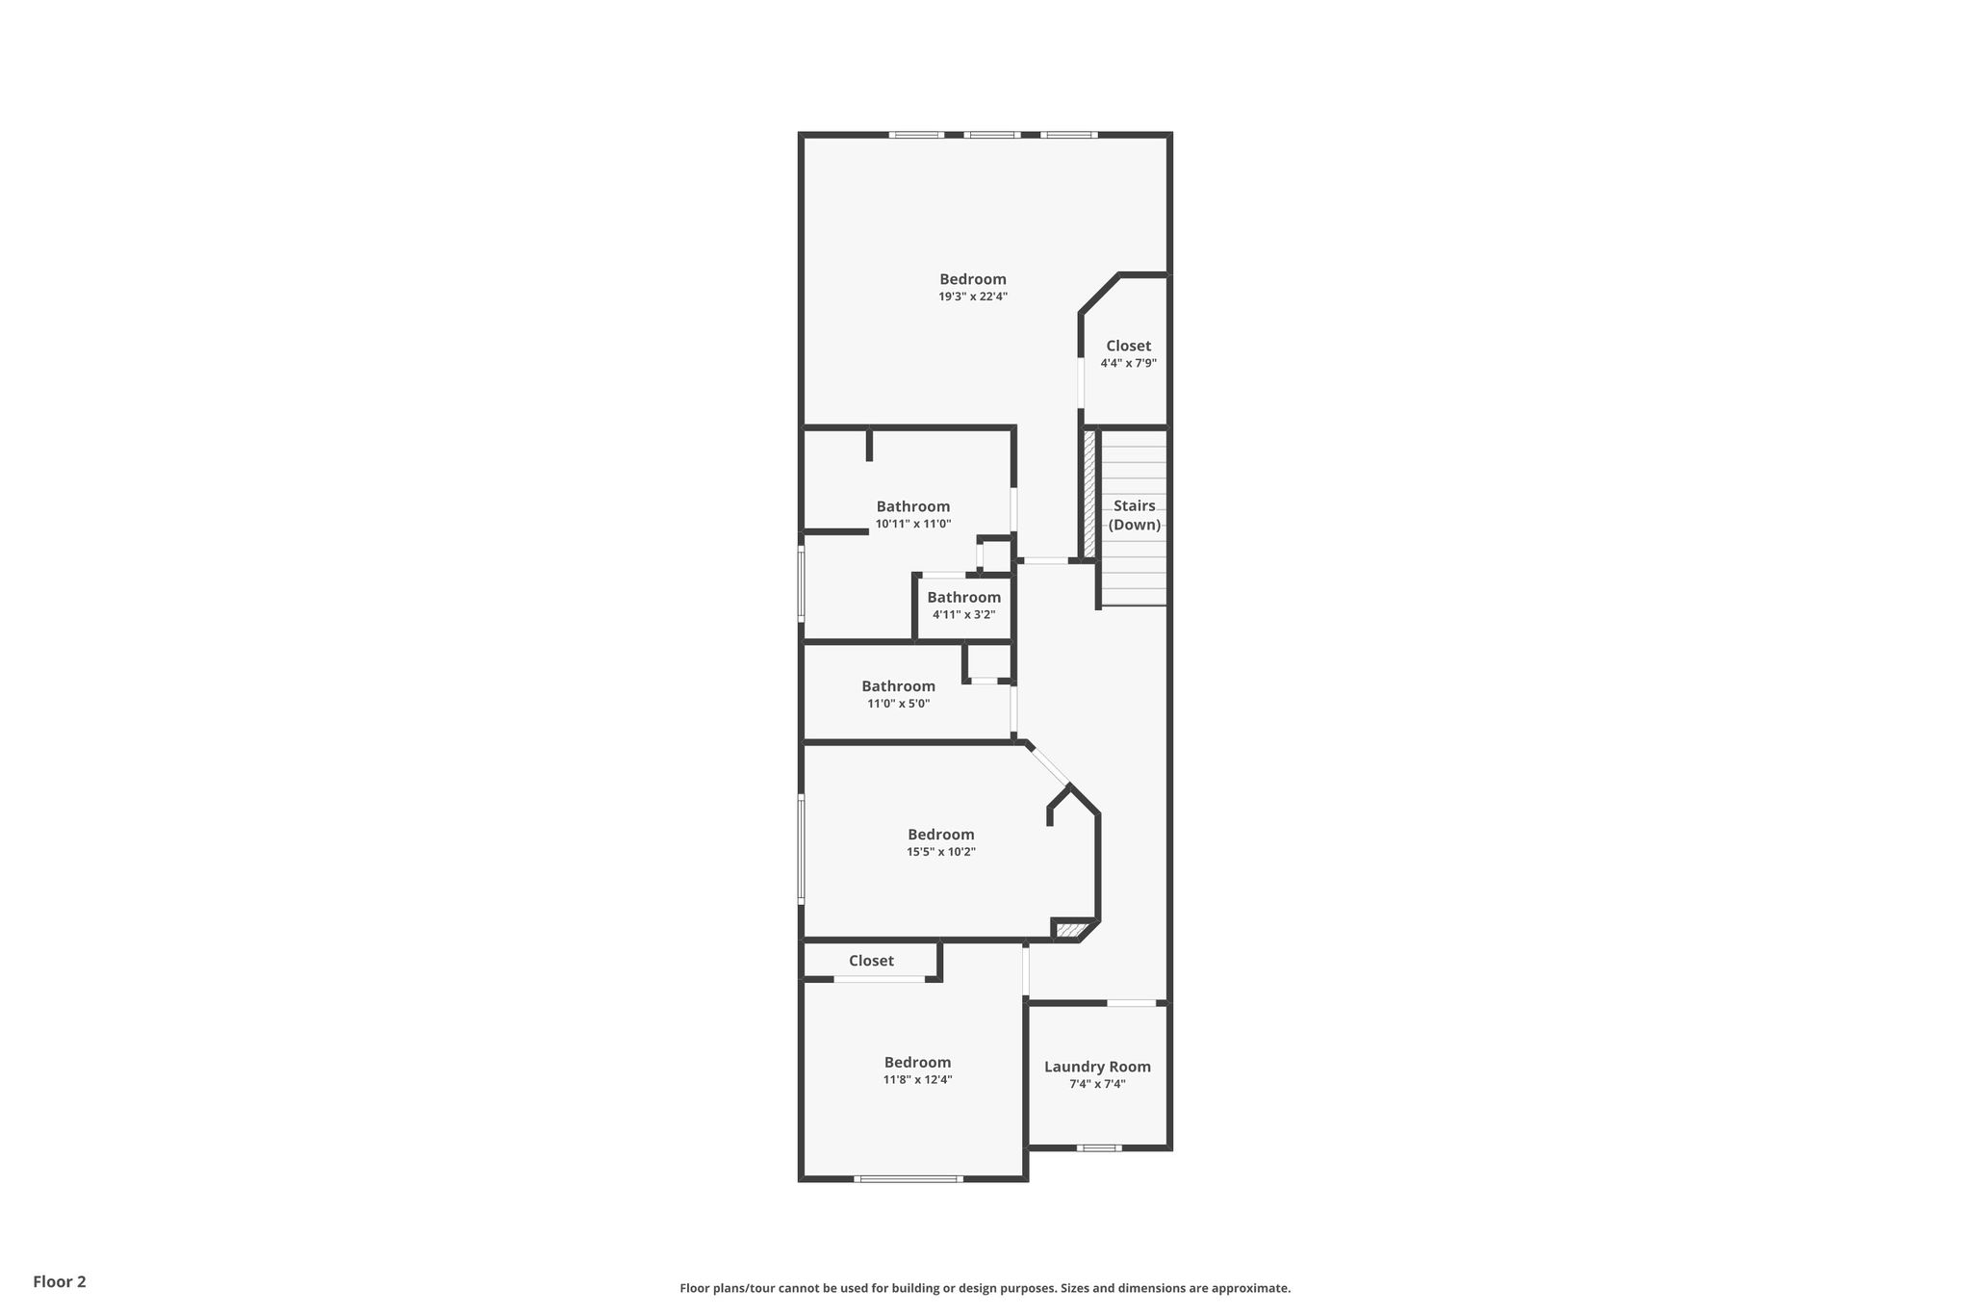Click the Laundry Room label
(x=1097, y=1067)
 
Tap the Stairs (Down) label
(x=1135, y=515)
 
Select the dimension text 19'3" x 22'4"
(x=973, y=296)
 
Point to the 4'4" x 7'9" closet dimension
(x=1129, y=363)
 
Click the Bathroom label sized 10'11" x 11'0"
(x=913, y=506)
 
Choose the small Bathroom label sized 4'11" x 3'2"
(x=964, y=597)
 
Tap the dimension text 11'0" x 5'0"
(x=899, y=704)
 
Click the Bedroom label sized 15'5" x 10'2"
(x=941, y=835)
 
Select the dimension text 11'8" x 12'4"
(x=918, y=1079)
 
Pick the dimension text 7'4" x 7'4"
(x=1097, y=1084)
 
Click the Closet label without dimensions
(x=871, y=961)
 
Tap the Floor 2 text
(x=60, y=1281)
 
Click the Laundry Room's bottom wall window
(x=1099, y=1147)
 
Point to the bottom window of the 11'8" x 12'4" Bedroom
(x=909, y=1178)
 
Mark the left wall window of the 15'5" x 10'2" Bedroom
(x=801, y=848)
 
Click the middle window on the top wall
(x=992, y=135)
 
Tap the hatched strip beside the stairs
(x=1090, y=493)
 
